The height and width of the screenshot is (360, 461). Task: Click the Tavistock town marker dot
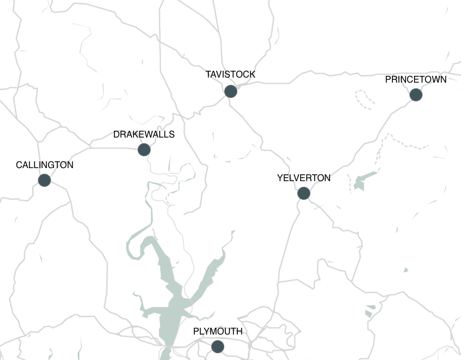(231, 91)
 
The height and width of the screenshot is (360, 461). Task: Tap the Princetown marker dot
(416, 95)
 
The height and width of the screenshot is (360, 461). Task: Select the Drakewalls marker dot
(144, 149)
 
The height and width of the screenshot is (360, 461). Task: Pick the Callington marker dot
(44, 180)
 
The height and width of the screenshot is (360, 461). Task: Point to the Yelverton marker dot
(304, 193)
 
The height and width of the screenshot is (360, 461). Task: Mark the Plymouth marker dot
(217, 346)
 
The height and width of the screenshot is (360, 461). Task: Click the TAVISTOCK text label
(231, 75)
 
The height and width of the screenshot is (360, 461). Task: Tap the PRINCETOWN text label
(416, 80)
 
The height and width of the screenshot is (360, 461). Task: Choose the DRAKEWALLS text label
(144, 135)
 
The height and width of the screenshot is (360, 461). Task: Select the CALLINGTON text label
(45, 165)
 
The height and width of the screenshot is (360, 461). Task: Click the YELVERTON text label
(304, 178)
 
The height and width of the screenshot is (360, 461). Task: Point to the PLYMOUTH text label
(217, 332)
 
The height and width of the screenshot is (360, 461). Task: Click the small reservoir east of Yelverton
(362, 180)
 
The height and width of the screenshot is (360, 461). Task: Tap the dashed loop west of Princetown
(365, 98)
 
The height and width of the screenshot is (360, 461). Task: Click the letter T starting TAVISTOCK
(208, 75)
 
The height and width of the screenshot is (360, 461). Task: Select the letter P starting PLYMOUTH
(196, 332)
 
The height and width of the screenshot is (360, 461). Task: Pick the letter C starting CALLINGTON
(19, 165)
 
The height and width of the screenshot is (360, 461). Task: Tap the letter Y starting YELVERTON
(280, 178)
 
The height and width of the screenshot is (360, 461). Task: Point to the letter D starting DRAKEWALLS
(116, 135)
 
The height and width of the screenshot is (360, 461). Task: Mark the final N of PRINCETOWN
(443, 80)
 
